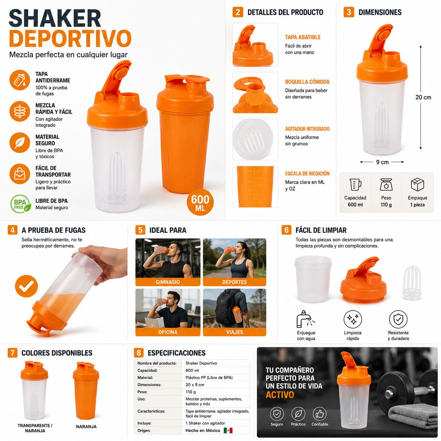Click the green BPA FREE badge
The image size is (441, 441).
coord(21,204)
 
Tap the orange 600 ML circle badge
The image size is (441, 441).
coord(200,202)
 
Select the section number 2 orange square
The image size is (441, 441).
coord(238,12)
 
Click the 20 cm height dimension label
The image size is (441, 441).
coord(423,97)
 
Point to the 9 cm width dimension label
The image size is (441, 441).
coord(382,162)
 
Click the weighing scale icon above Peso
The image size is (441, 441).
coord(386,185)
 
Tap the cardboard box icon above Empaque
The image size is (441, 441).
coord(417,185)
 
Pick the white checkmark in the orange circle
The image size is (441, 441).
coord(26,286)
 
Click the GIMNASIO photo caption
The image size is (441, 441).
coord(168,282)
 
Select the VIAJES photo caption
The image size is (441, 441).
coord(235,332)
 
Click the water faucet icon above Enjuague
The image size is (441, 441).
coord(305,319)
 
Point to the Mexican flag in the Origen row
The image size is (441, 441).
coord(228,430)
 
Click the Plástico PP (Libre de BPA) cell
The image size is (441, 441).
coord(209,378)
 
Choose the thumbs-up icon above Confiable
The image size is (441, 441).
coord(319,414)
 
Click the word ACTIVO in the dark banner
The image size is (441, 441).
coord(280,395)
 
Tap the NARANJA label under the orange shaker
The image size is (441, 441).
coord(86,427)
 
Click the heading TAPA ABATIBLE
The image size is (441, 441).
coord(302,37)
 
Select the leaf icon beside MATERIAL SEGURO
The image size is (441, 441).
coord(20,142)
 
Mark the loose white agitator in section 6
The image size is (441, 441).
coord(412,283)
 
